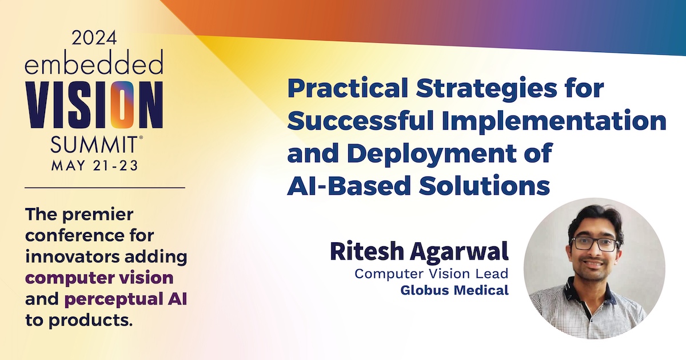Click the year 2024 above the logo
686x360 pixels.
pos(94,38)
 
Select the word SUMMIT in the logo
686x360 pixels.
pos(94,145)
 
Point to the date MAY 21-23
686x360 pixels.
pos(95,166)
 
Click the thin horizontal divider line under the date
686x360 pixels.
pos(105,187)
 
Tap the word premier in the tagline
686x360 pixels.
pos(98,215)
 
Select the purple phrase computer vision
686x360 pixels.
pos(99,278)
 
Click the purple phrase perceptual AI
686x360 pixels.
pos(126,299)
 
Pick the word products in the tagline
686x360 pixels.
pos(91,320)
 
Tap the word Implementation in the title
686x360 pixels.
pos(554,121)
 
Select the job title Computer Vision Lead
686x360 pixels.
pos(432,274)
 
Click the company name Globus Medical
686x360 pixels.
pos(454,290)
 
